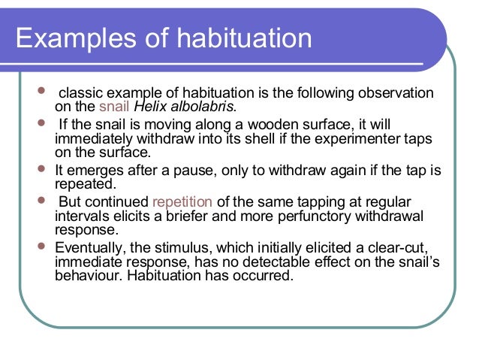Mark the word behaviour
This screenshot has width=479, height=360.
pos(92,275)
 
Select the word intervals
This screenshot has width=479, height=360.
pos(83,216)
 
